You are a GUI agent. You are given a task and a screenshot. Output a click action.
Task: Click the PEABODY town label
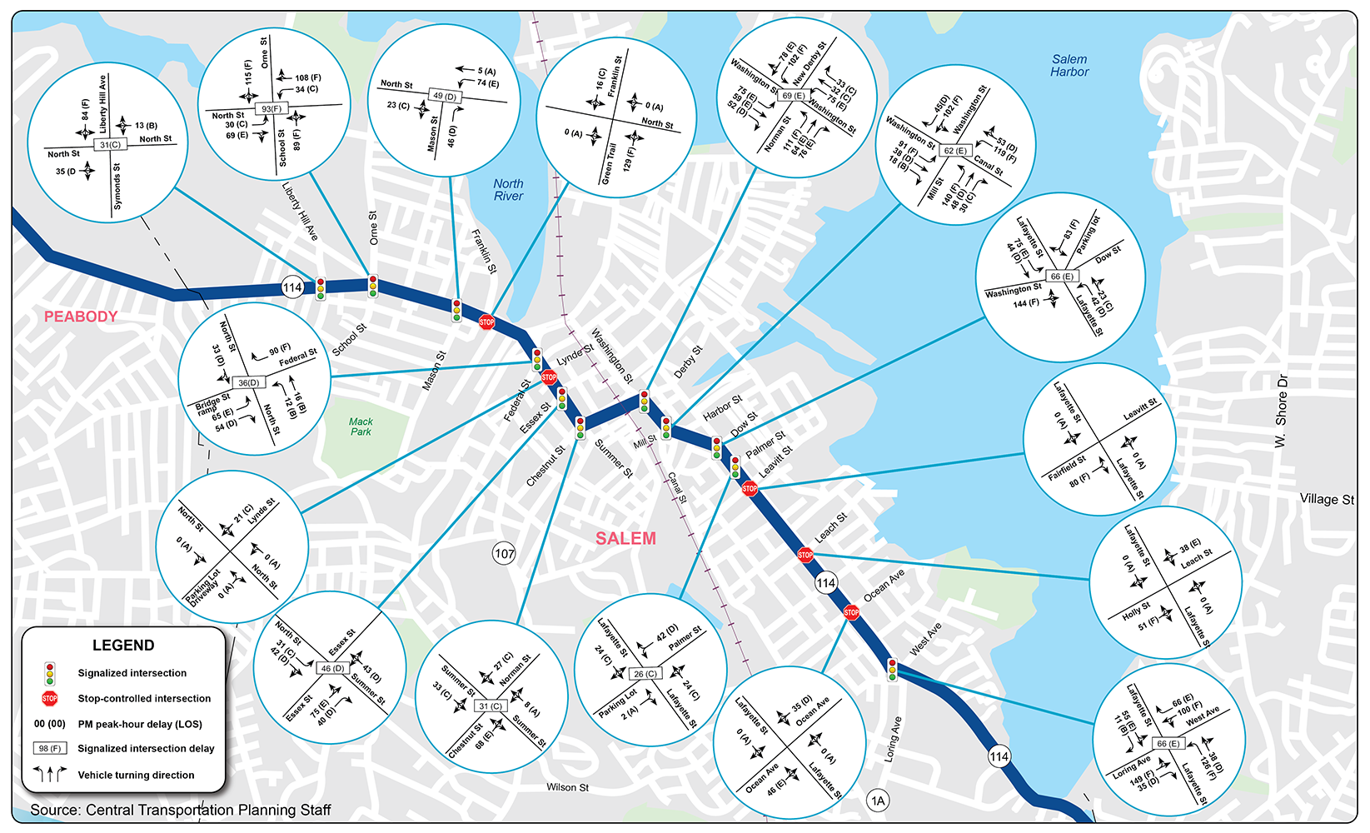tap(81, 317)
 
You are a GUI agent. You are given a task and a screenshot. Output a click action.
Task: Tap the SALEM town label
tap(625, 539)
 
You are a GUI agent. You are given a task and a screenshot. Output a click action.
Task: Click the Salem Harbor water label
tap(1069, 66)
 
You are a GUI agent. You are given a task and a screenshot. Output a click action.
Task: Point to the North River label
tap(508, 190)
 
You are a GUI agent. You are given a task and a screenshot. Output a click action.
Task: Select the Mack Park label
tap(361, 426)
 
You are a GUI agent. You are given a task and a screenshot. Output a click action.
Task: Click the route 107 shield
tap(505, 554)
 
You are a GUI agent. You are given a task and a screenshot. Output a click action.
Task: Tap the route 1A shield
tap(878, 801)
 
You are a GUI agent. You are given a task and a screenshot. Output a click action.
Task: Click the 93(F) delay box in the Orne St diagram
tap(272, 109)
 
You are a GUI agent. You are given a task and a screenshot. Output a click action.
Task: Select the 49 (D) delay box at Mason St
tap(446, 97)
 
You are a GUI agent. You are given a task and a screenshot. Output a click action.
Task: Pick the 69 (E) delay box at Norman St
tap(793, 96)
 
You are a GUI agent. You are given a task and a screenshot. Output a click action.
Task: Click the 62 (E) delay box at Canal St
tap(955, 152)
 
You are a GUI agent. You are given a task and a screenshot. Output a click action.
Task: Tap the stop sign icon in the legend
tap(50, 698)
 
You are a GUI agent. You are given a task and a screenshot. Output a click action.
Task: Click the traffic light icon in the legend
tap(50, 673)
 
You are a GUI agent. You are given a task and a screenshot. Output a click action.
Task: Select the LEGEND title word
tap(123, 646)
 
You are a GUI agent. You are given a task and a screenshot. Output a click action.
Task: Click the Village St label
tap(1327, 499)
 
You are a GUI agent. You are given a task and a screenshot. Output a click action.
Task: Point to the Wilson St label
tap(567, 787)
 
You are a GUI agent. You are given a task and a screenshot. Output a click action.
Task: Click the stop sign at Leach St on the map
tap(805, 555)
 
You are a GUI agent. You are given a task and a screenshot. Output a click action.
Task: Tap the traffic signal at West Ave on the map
tap(892, 669)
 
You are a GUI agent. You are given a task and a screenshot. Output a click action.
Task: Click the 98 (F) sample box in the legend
tap(50, 749)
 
